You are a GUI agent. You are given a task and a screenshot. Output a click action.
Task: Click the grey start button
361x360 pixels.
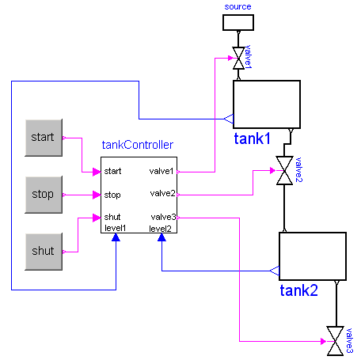(x=43, y=138)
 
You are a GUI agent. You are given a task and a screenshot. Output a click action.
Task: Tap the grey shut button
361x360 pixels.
(x=43, y=251)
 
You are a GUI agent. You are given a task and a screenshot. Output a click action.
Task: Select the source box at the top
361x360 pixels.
(x=237, y=21)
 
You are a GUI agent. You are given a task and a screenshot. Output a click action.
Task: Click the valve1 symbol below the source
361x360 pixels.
(x=237, y=59)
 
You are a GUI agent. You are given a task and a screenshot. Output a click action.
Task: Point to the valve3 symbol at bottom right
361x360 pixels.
(x=339, y=341)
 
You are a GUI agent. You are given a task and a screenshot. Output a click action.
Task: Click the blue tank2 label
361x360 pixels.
(x=298, y=290)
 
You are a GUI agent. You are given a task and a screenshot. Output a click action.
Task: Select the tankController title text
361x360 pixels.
(x=138, y=146)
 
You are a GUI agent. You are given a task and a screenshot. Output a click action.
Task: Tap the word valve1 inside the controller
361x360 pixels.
(x=162, y=171)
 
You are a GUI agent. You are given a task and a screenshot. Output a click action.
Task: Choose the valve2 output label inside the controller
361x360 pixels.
(x=162, y=194)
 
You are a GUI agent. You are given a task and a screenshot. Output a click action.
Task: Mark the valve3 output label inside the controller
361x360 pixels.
(x=162, y=217)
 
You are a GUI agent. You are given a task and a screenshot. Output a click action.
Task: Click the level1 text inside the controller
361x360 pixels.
(x=116, y=229)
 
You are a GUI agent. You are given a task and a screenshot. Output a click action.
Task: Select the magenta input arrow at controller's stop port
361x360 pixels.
(x=95, y=194)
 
